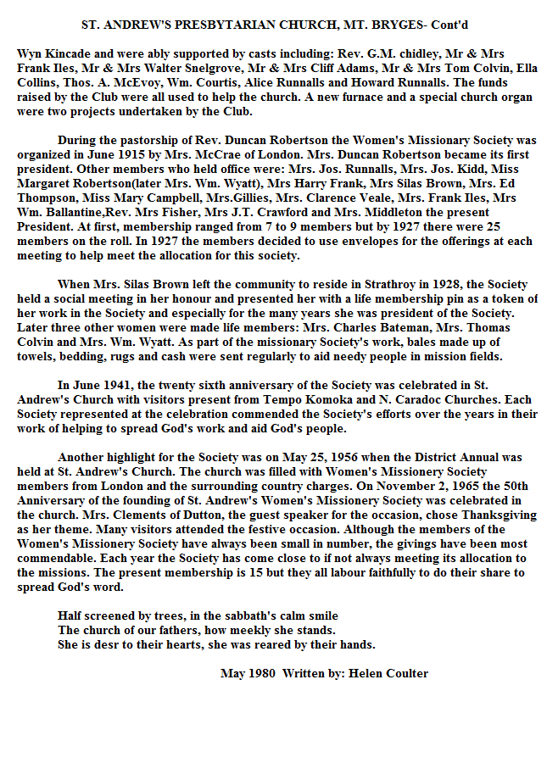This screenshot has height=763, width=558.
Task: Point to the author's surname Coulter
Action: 406,674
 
